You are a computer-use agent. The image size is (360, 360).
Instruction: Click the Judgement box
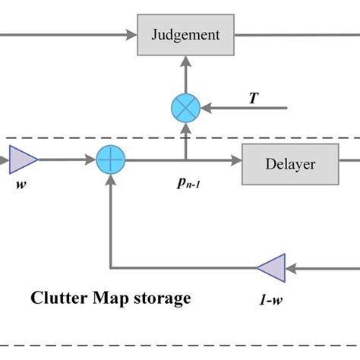pos(185,34)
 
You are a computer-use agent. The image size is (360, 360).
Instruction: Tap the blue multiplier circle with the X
pos(185,108)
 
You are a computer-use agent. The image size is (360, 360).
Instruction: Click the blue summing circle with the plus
pos(111,161)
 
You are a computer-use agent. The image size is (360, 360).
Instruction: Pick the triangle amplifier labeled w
pos(24,160)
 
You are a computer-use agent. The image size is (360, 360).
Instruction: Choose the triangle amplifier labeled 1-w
pos(270,267)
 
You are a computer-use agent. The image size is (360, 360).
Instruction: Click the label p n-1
pos(185,184)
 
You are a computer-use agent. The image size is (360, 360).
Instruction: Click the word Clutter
pos(58,298)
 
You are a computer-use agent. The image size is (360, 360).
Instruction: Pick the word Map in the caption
pos(113,298)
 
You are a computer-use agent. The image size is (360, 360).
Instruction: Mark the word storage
pos(163,298)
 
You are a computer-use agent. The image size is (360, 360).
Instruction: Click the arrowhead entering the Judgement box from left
pos(131,34)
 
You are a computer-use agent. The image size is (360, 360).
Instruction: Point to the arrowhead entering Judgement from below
pos(185,62)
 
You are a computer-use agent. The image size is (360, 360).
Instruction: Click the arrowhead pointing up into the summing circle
pos(111,181)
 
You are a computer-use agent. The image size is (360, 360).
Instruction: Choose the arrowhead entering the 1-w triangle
pos(290,267)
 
